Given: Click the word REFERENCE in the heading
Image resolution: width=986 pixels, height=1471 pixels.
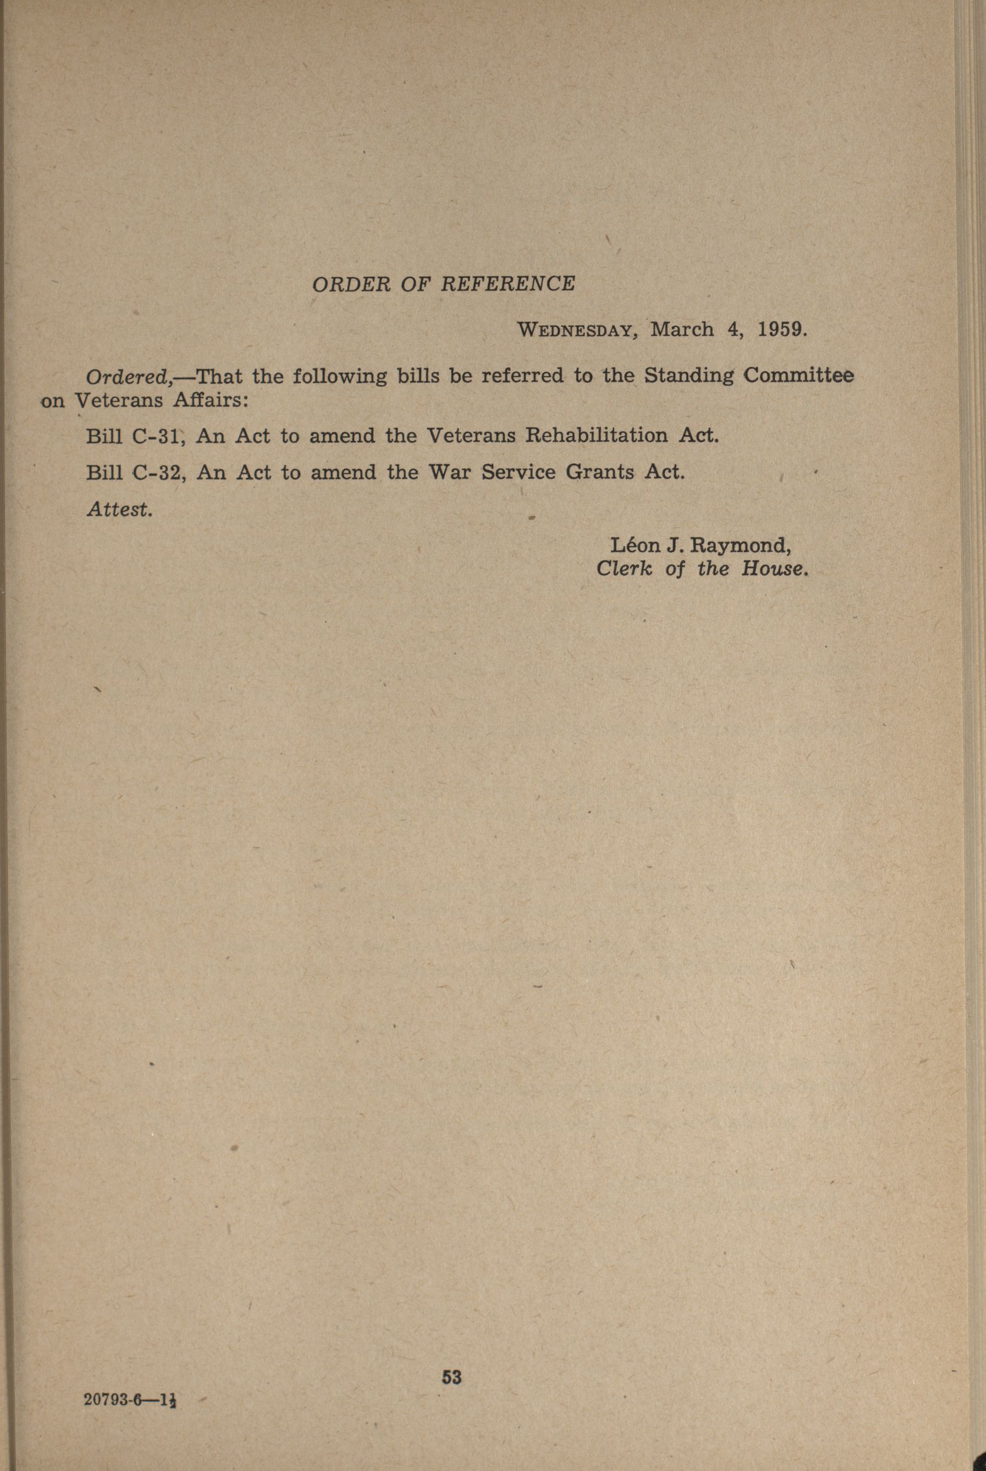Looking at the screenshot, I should tap(508, 284).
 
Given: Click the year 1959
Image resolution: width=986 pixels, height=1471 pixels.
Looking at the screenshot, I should tap(780, 330).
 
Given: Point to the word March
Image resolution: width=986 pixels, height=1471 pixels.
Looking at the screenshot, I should tap(682, 330).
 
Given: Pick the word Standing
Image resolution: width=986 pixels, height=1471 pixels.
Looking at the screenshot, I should tap(689, 376).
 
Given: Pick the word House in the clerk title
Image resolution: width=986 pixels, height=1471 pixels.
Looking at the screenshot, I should tap(774, 569).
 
